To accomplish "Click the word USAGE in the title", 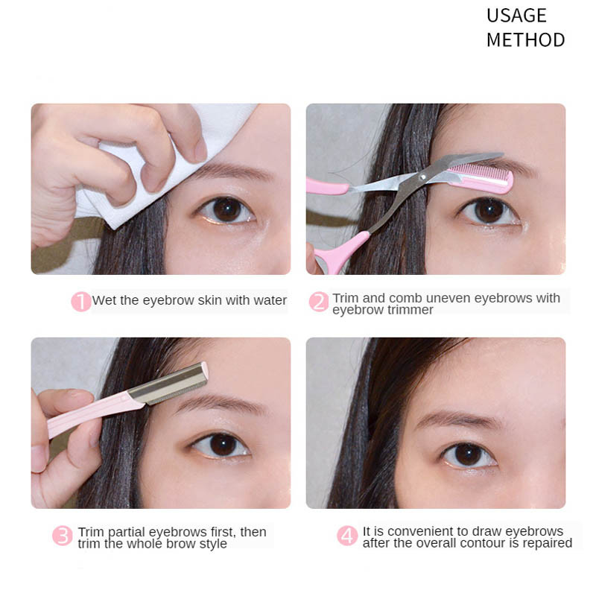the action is (516, 16).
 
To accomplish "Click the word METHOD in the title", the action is (526, 40).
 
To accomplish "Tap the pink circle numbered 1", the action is (81, 302).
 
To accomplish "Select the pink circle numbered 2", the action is (319, 302).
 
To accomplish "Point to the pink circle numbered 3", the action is (63, 536).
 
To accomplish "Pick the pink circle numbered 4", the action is (347, 536).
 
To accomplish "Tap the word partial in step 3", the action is (126, 533).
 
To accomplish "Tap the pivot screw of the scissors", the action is (422, 177).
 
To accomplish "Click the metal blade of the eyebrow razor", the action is (168, 384).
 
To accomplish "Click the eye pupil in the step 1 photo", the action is (227, 209).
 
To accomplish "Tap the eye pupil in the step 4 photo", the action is (467, 454).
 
